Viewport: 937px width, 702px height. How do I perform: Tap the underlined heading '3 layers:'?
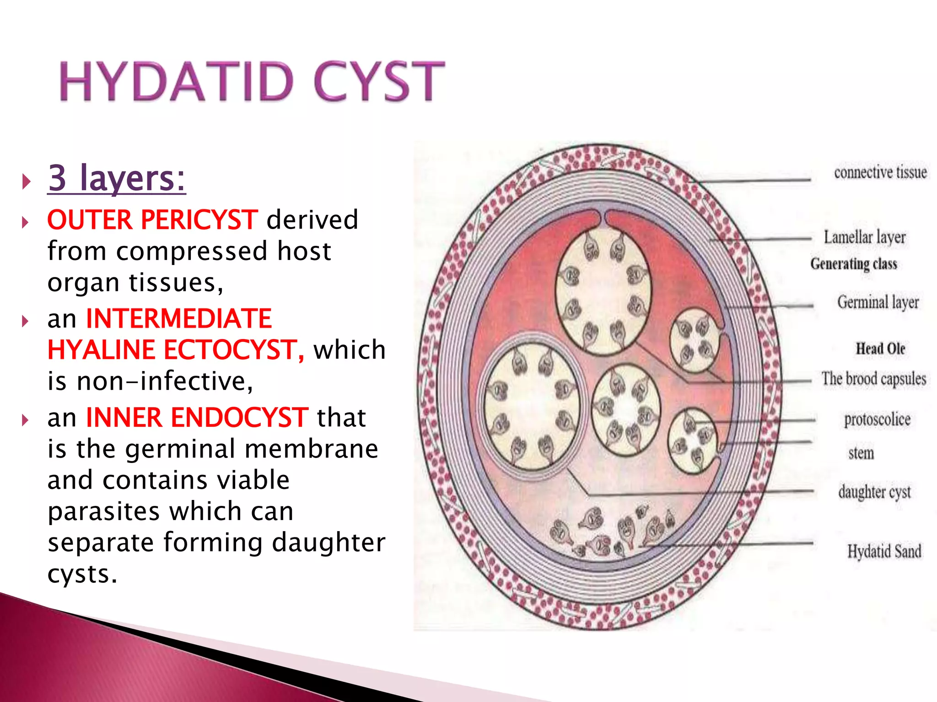click(x=117, y=178)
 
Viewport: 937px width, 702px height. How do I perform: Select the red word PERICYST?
click(x=199, y=220)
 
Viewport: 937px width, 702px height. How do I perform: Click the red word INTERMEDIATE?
click(x=179, y=319)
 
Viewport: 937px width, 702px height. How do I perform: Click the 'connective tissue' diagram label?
click(x=880, y=173)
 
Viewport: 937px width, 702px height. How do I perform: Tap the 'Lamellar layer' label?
click(x=864, y=237)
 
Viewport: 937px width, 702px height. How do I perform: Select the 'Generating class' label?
click(x=853, y=264)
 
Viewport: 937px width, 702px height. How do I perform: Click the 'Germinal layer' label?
click(x=878, y=302)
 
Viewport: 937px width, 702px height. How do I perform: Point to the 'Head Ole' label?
click(x=880, y=349)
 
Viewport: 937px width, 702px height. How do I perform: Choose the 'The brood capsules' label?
click(x=873, y=379)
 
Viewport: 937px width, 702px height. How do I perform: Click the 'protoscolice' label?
click(x=877, y=420)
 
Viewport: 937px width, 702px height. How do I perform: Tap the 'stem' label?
click(x=861, y=453)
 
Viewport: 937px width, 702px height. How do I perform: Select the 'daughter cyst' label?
click(x=874, y=492)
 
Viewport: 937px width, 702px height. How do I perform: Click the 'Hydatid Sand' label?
click(x=884, y=551)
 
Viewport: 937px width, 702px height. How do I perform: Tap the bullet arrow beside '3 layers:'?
click(x=26, y=181)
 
